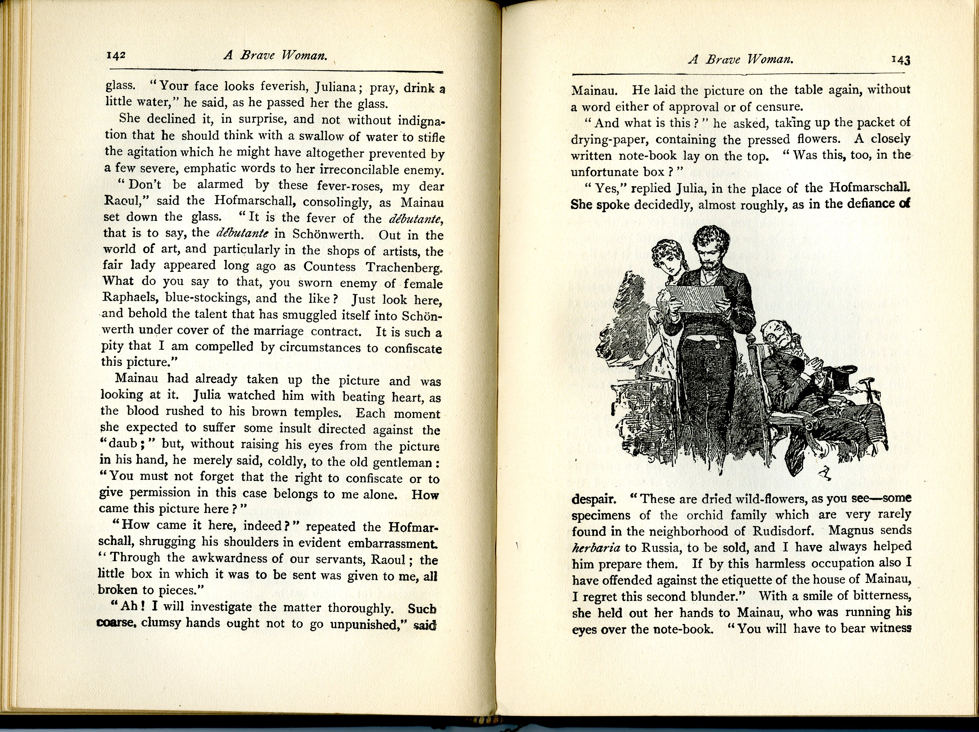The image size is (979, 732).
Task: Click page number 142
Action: coord(116,55)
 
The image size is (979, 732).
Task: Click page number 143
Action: coord(900,60)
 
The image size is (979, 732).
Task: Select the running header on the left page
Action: coord(276,56)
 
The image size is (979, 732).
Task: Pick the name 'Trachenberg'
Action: coord(404,267)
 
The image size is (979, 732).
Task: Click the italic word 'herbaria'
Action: coord(596,548)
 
